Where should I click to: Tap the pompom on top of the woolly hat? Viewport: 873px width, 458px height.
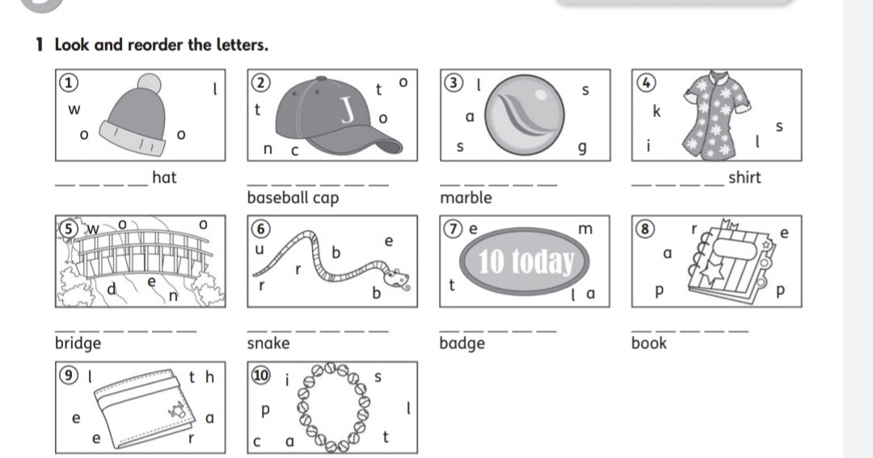tap(150, 84)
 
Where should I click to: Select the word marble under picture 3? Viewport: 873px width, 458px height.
tap(465, 197)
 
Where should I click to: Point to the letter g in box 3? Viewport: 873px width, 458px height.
tap(580, 149)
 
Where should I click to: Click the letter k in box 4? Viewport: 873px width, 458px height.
tap(656, 112)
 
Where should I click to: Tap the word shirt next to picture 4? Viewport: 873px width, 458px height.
tap(744, 178)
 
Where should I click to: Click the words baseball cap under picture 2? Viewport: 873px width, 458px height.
tap(293, 197)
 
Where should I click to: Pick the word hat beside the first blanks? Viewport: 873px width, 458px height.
tap(164, 177)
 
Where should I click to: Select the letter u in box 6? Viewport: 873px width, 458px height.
tap(259, 250)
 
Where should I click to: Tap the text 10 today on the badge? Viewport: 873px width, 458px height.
tap(526, 261)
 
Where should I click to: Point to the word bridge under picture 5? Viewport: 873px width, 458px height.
tap(78, 343)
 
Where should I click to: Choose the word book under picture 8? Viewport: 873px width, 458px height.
tap(648, 343)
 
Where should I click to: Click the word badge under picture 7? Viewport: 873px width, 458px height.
tap(462, 343)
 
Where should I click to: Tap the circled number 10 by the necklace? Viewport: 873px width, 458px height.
tap(259, 375)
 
